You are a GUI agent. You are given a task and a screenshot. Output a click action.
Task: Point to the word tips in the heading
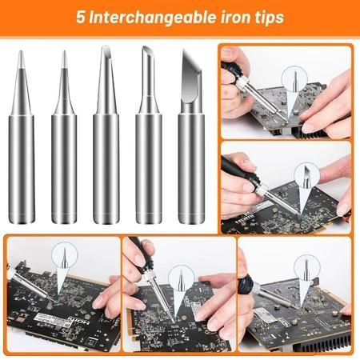tap(268, 17)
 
